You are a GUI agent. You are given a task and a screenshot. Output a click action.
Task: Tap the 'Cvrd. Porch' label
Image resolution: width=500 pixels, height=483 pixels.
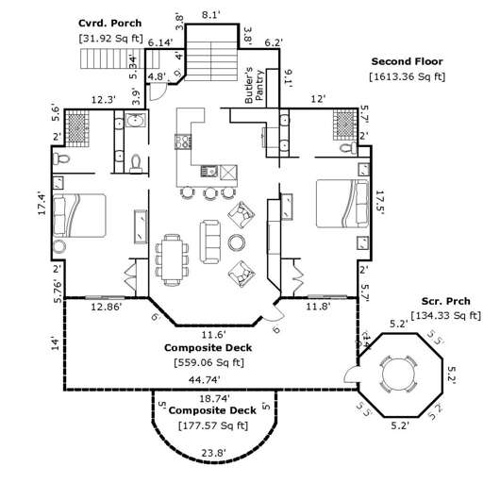(x=109, y=23)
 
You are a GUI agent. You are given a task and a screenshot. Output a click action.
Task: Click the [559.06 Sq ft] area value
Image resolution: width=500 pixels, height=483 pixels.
(x=212, y=362)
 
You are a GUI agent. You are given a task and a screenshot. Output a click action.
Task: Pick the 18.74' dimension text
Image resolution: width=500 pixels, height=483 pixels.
(x=212, y=398)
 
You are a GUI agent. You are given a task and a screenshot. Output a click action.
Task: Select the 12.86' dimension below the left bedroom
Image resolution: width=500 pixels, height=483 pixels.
(x=107, y=307)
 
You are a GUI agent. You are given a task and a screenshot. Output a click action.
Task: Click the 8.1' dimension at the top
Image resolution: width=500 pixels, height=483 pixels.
(x=211, y=15)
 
